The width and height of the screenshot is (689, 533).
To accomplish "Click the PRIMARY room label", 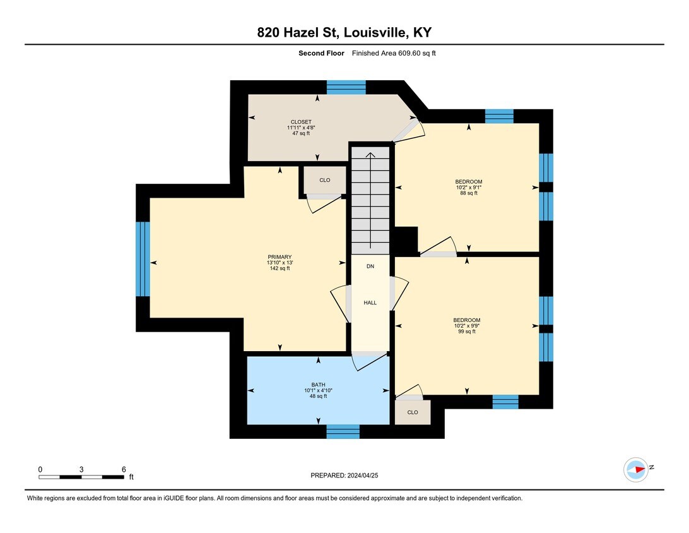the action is point(280,257).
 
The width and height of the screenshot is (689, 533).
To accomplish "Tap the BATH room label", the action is point(318,385).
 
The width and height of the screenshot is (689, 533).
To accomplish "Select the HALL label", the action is point(370,302).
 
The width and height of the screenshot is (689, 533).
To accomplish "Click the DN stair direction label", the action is point(370,266).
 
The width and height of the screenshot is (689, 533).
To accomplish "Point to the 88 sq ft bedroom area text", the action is point(469,193).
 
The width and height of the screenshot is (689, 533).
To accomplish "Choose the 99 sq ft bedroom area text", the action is point(467,332).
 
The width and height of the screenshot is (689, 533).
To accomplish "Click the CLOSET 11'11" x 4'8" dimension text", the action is point(301,128).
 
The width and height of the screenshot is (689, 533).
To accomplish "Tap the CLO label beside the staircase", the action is point(325,180).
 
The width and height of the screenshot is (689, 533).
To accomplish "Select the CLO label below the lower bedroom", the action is point(413,412).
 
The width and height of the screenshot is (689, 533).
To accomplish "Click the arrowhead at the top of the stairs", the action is point(370,154).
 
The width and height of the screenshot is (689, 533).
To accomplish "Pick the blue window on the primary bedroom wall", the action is point(143,258).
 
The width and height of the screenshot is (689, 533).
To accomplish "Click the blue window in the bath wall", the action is point(343,431).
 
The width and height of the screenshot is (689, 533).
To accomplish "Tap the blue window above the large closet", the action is point(346,87).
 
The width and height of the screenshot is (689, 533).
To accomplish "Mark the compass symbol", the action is point(636,470).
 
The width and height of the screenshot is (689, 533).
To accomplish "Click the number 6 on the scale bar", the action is point(124,469).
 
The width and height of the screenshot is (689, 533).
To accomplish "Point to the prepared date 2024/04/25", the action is point(363,476).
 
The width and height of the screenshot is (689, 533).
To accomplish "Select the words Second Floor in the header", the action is point(321,53).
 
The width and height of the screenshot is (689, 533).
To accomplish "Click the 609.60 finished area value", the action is point(409,53).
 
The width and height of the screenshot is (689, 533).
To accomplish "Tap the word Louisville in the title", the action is point(377,33).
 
